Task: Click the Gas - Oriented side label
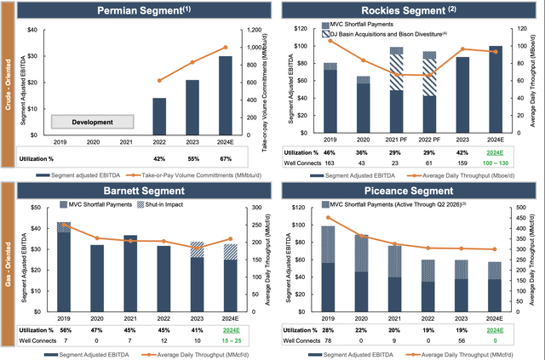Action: (9, 272)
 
